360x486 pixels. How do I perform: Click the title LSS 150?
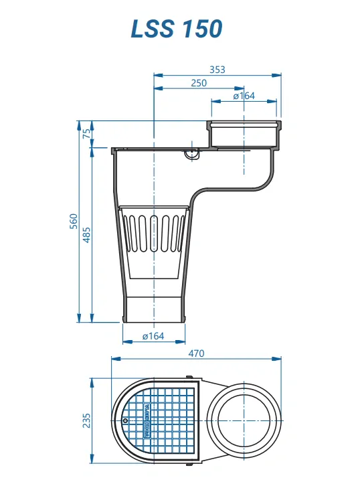click(x=176, y=29)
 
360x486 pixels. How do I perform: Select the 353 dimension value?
click(x=217, y=69)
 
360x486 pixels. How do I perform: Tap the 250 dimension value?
click(x=199, y=82)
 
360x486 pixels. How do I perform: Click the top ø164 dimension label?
click(x=244, y=96)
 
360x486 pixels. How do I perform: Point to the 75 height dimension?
click(x=86, y=134)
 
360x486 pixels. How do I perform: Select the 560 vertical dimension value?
click(x=74, y=221)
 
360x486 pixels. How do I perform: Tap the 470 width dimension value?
click(x=195, y=353)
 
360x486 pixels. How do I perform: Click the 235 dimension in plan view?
click(x=86, y=420)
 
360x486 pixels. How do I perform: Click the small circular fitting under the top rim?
click(x=192, y=154)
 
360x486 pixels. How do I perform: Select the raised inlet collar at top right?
click(x=244, y=133)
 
